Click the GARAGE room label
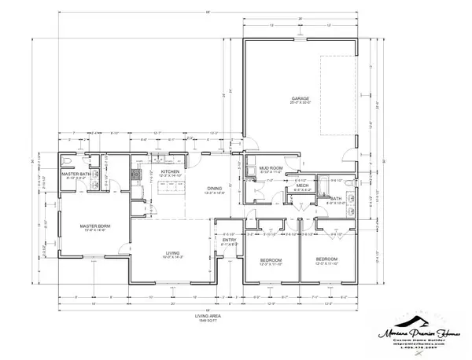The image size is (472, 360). (301, 98)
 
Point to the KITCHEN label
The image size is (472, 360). (171, 171)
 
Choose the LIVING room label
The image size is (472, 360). (172, 253)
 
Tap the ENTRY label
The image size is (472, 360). (230, 241)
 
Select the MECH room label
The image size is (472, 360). (301, 186)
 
